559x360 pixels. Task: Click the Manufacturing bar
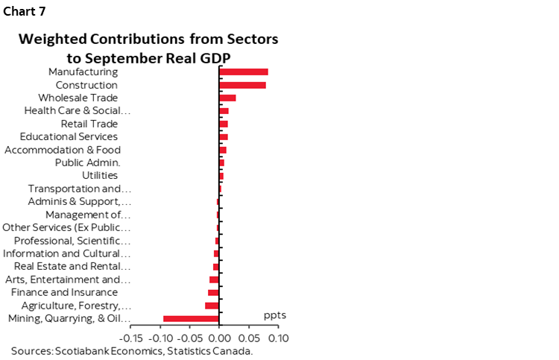click(243, 72)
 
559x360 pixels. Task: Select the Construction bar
click(242, 85)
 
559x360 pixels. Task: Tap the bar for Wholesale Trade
click(227, 98)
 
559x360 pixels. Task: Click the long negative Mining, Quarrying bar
click(191, 319)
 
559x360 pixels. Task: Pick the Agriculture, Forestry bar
click(212, 306)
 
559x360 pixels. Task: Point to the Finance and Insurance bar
click(213, 292)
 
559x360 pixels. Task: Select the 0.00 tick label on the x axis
click(218, 338)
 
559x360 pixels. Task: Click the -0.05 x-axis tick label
click(189, 338)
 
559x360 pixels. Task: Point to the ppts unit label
click(275, 315)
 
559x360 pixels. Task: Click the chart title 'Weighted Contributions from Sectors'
click(149, 38)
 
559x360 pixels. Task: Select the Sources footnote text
click(133, 350)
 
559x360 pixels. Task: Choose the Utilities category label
click(100, 175)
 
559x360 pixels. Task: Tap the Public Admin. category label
click(88, 162)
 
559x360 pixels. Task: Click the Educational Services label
click(69, 136)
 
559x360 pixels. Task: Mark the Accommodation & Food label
click(63, 150)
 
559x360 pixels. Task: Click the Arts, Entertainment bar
click(214, 280)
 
